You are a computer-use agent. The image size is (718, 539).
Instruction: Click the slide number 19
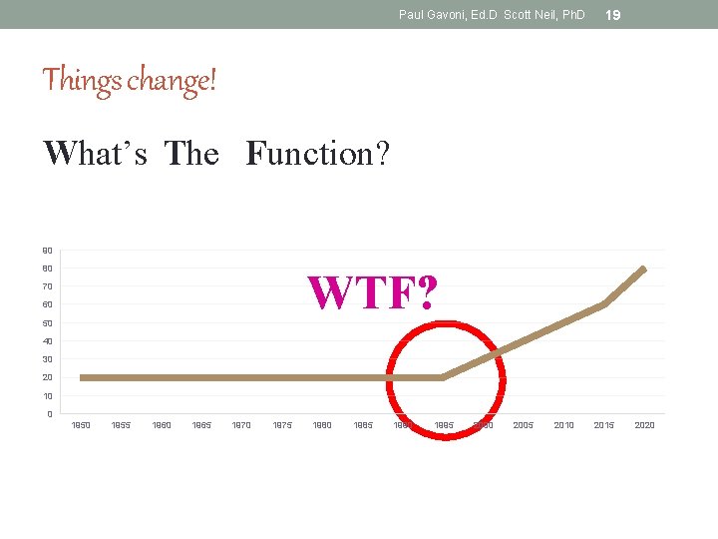click(613, 15)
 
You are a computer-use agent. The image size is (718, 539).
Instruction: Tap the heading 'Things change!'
click(129, 79)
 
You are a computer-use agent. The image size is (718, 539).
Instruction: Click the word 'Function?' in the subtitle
click(317, 154)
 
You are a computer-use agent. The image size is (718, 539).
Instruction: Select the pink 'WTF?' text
click(371, 291)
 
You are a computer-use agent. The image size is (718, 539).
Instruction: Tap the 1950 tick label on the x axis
click(81, 425)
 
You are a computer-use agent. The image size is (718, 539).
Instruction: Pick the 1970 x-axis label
click(241, 425)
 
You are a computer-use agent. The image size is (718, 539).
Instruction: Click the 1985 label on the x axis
click(363, 425)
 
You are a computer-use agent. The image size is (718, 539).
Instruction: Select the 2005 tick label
click(524, 425)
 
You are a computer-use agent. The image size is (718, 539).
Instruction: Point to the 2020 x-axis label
click(644, 425)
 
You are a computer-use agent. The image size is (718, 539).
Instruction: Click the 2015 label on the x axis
click(604, 425)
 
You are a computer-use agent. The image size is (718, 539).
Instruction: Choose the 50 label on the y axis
click(48, 323)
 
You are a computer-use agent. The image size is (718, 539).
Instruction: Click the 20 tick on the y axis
click(48, 377)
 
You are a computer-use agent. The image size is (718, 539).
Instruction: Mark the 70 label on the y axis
click(48, 286)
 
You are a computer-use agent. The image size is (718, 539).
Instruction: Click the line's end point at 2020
click(644, 269)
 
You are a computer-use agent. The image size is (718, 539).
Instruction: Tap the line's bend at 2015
click(604, 304)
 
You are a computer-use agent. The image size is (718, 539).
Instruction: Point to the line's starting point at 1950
click(82, 377)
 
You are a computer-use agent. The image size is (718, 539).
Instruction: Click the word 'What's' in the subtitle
click(95, 154)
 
